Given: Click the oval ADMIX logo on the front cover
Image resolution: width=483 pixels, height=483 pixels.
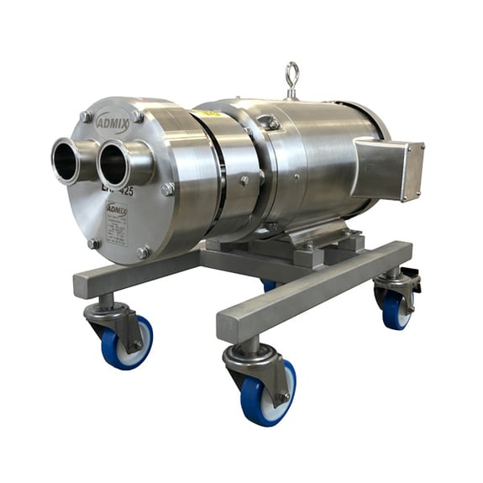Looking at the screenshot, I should [x=112, y=122].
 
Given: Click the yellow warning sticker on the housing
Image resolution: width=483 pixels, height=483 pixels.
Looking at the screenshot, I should [x=206, y=113].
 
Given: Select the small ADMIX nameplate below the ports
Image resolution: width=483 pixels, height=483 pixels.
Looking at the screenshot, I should [x=116, y=220].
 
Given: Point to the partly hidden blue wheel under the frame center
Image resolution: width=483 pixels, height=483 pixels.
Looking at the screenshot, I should [x=269, y=285].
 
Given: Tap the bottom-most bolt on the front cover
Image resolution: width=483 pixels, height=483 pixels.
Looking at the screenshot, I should [x=143, y=252].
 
